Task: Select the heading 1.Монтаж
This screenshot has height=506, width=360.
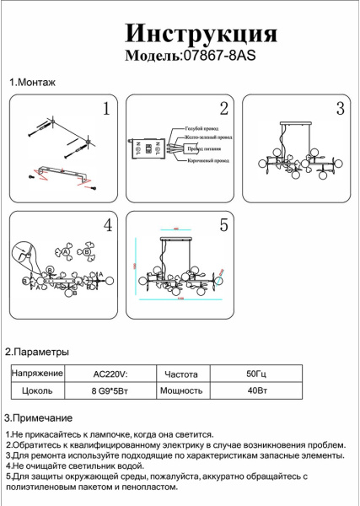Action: click(x=32, y=83)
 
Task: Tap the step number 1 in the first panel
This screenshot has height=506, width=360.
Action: click(x=106, y=109)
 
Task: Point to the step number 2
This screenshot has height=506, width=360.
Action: click(x=223, y=109)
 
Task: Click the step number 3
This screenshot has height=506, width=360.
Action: click(x=340, y=109)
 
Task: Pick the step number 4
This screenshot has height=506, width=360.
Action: click(x=107, y=225)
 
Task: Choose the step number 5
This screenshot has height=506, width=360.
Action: click(x=223, y=225)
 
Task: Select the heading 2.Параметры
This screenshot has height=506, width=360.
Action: click(x=37, y=351)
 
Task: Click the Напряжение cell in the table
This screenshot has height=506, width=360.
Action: click(x=37, y=373)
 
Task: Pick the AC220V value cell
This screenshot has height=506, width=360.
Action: click(x=110, y=373)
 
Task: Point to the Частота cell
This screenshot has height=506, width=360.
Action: click(x=181, y=373)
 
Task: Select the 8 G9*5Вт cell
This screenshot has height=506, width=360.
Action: click(x=110, y=390)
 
